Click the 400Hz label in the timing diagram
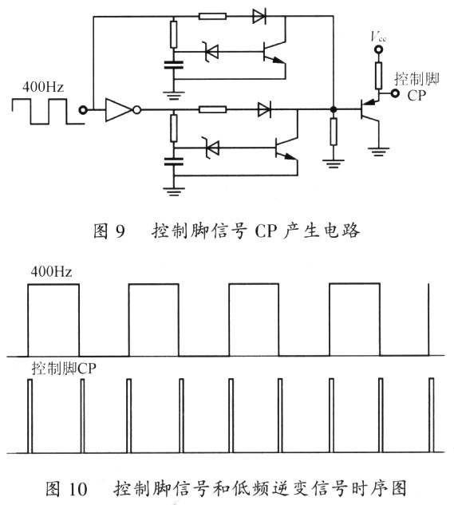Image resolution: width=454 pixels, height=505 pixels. click(x=52, y=272)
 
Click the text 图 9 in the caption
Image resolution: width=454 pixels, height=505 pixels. click(x=110, y=231)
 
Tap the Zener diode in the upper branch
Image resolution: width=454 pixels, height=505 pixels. click(x=211, y=52)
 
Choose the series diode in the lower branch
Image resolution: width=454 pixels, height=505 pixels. click(x=264, y=111)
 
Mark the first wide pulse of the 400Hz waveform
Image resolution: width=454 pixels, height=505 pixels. click(x=53, y=319)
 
